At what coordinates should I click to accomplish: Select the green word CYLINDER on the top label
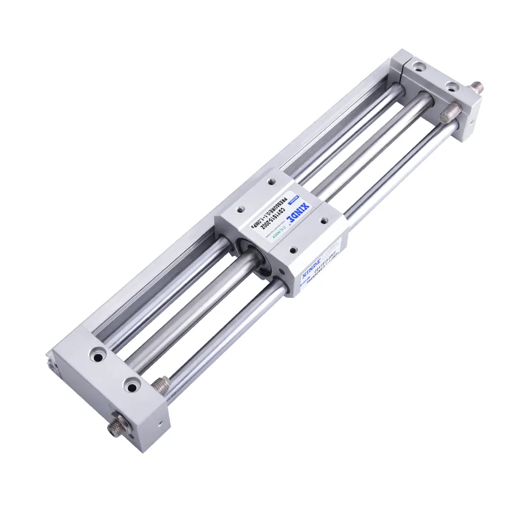click(x=283, y=233)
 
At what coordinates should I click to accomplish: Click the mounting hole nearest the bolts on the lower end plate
click(x=132, y=383)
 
